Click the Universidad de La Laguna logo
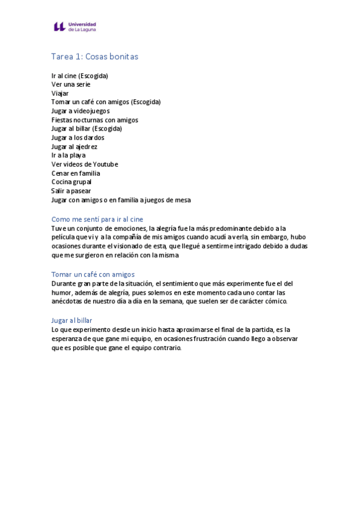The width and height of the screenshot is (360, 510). [75, 26]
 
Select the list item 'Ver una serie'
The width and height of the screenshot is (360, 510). [71, 85]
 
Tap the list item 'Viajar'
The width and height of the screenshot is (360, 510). [60, 93]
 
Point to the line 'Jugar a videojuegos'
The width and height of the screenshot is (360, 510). [81, 111]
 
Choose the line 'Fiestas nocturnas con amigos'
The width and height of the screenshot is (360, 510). [94, 120]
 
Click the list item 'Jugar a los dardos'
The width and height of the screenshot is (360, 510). [78, 138]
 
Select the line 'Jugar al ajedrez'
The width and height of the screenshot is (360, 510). [75, 147]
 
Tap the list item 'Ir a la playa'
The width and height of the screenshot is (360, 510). [69, 155]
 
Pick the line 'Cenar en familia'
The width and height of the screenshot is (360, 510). [76, 173]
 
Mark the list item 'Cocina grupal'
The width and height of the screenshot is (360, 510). [72, 182]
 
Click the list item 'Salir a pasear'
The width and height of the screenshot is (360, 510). [71, 191]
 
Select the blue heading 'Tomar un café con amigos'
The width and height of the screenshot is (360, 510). [93, 274]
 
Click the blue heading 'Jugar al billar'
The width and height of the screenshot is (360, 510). [72, 320]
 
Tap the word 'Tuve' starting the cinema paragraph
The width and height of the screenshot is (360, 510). [58, 229]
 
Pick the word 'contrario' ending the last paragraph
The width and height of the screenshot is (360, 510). [165, 348]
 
